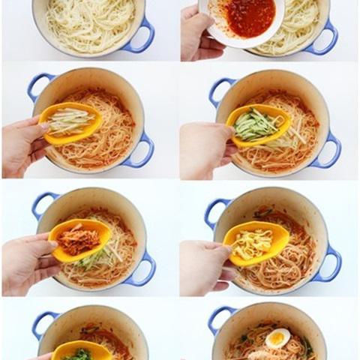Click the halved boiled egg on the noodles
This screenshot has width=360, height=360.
[x=277, y=338]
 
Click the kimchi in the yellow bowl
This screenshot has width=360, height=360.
[x=79, y=241]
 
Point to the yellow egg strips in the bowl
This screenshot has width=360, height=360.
[x=253, y=243]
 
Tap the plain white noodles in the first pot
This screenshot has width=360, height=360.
[x=90, y=22]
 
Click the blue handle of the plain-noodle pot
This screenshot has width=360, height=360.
[x=142, y=37]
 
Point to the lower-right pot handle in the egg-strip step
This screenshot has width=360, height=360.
[x=330, y=266]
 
